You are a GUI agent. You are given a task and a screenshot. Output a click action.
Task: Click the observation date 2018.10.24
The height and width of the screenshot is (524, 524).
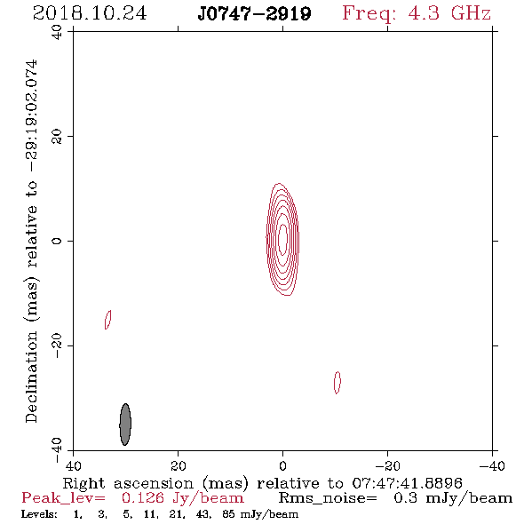pos(90,13)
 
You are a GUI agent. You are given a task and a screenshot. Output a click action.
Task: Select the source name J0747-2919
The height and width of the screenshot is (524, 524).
pos(254,13)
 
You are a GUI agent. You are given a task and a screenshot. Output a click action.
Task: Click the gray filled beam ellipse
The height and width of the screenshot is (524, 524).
pos(125,425)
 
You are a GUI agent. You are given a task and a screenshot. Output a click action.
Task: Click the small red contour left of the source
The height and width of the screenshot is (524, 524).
pos(108,320)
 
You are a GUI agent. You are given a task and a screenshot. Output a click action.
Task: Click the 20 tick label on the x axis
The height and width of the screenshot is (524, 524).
pos(179,466)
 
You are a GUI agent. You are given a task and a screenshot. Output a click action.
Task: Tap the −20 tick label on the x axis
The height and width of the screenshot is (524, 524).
pos(387,466)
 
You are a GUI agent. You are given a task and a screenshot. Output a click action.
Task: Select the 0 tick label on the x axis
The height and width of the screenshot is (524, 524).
pos(282,466)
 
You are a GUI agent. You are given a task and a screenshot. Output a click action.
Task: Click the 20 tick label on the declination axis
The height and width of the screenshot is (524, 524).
pos(57,137)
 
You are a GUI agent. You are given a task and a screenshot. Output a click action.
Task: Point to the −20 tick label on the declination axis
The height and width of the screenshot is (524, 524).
pos(57,345)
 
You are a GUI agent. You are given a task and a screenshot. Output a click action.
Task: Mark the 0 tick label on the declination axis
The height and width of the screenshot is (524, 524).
pos(57,241)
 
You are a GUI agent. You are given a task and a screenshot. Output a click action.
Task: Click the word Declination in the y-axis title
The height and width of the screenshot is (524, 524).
pos(31,377)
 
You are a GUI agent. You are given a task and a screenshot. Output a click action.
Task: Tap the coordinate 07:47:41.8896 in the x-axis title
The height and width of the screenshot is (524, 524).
pos(407,483)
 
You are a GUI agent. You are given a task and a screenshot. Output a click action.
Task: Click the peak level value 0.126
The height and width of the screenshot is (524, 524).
pos(143,498)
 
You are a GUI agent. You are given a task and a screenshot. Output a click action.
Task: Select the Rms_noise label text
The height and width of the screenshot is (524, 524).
pos(328,498)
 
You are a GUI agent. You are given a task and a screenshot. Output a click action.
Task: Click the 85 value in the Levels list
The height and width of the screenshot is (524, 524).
pos(228,514)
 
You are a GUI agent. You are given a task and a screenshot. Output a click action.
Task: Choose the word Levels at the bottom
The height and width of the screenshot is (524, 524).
pos(39,514)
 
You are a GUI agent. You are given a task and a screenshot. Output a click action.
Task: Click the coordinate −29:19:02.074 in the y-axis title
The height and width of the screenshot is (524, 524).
pos(32,116)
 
